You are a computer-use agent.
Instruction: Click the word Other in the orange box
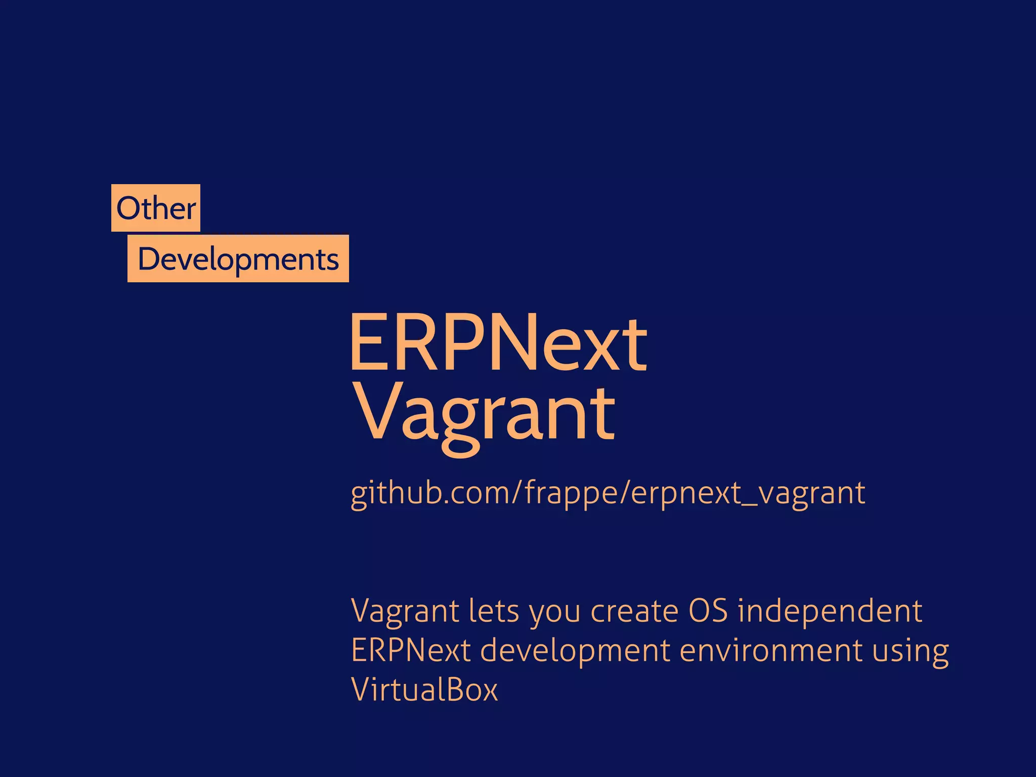[x=156, y=208]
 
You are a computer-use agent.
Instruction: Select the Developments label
[x=238, y=259]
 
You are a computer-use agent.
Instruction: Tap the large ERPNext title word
[x=498, y=343]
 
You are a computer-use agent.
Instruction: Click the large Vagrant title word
[x=486, y=413]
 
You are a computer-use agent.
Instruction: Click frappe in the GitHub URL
[x=572, y=493]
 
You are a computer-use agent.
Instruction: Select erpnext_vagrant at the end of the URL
[x=749, y=493]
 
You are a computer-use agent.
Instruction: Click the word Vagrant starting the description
[x=405, y=611]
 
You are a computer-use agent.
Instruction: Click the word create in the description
[x=634, y=611]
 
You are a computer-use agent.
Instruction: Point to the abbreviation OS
[x=708, y=611]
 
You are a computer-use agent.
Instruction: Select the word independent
[x=830, y=611]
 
